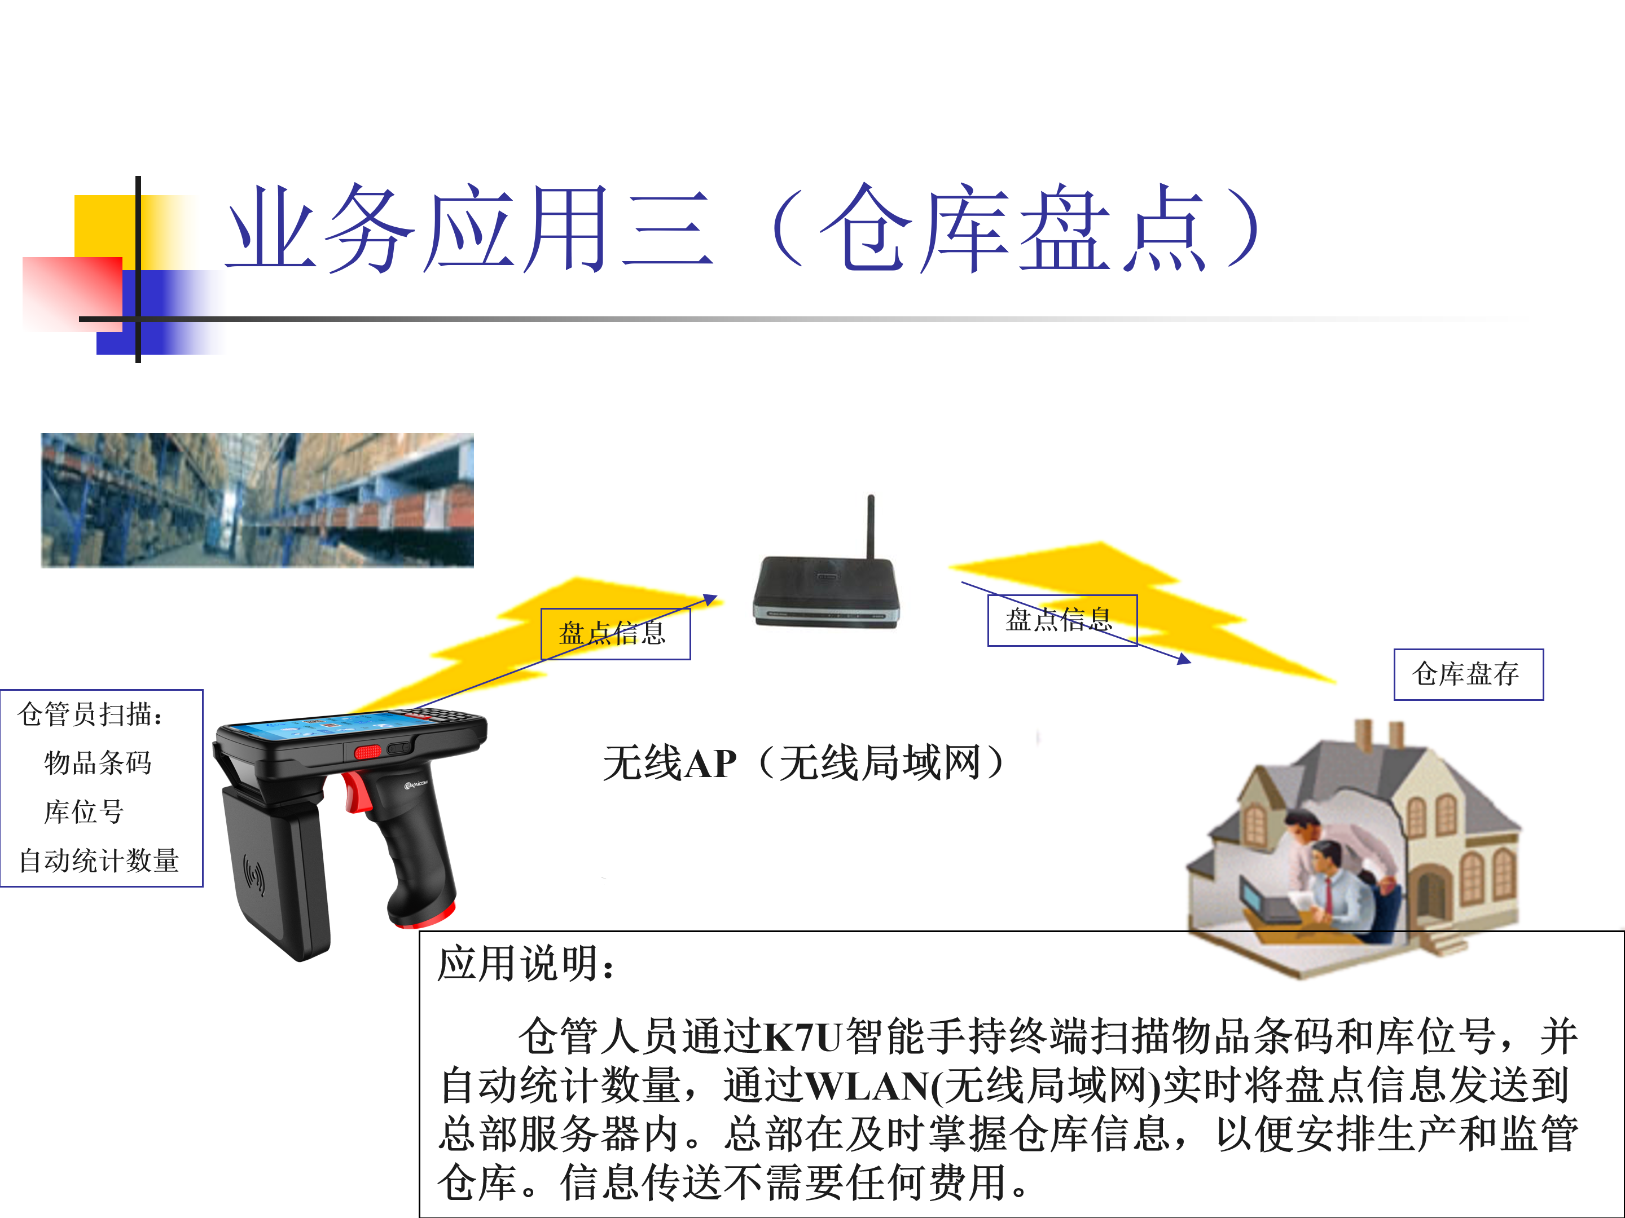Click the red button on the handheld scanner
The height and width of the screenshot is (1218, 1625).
[368, 752]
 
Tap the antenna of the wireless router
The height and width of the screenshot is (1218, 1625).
[871, 527]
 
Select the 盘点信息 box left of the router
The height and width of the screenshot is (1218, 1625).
[616, 634]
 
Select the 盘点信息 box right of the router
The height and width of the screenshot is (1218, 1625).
[1062, 620]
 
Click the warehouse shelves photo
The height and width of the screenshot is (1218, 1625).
[257, 500]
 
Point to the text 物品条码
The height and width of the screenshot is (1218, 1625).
[98, 763]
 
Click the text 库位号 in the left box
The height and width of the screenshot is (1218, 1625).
[84, 812]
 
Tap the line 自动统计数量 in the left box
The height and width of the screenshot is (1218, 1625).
[99, 860]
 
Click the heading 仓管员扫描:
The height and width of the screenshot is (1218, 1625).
[90, 714]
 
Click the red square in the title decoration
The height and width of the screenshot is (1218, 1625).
[73, 294]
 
